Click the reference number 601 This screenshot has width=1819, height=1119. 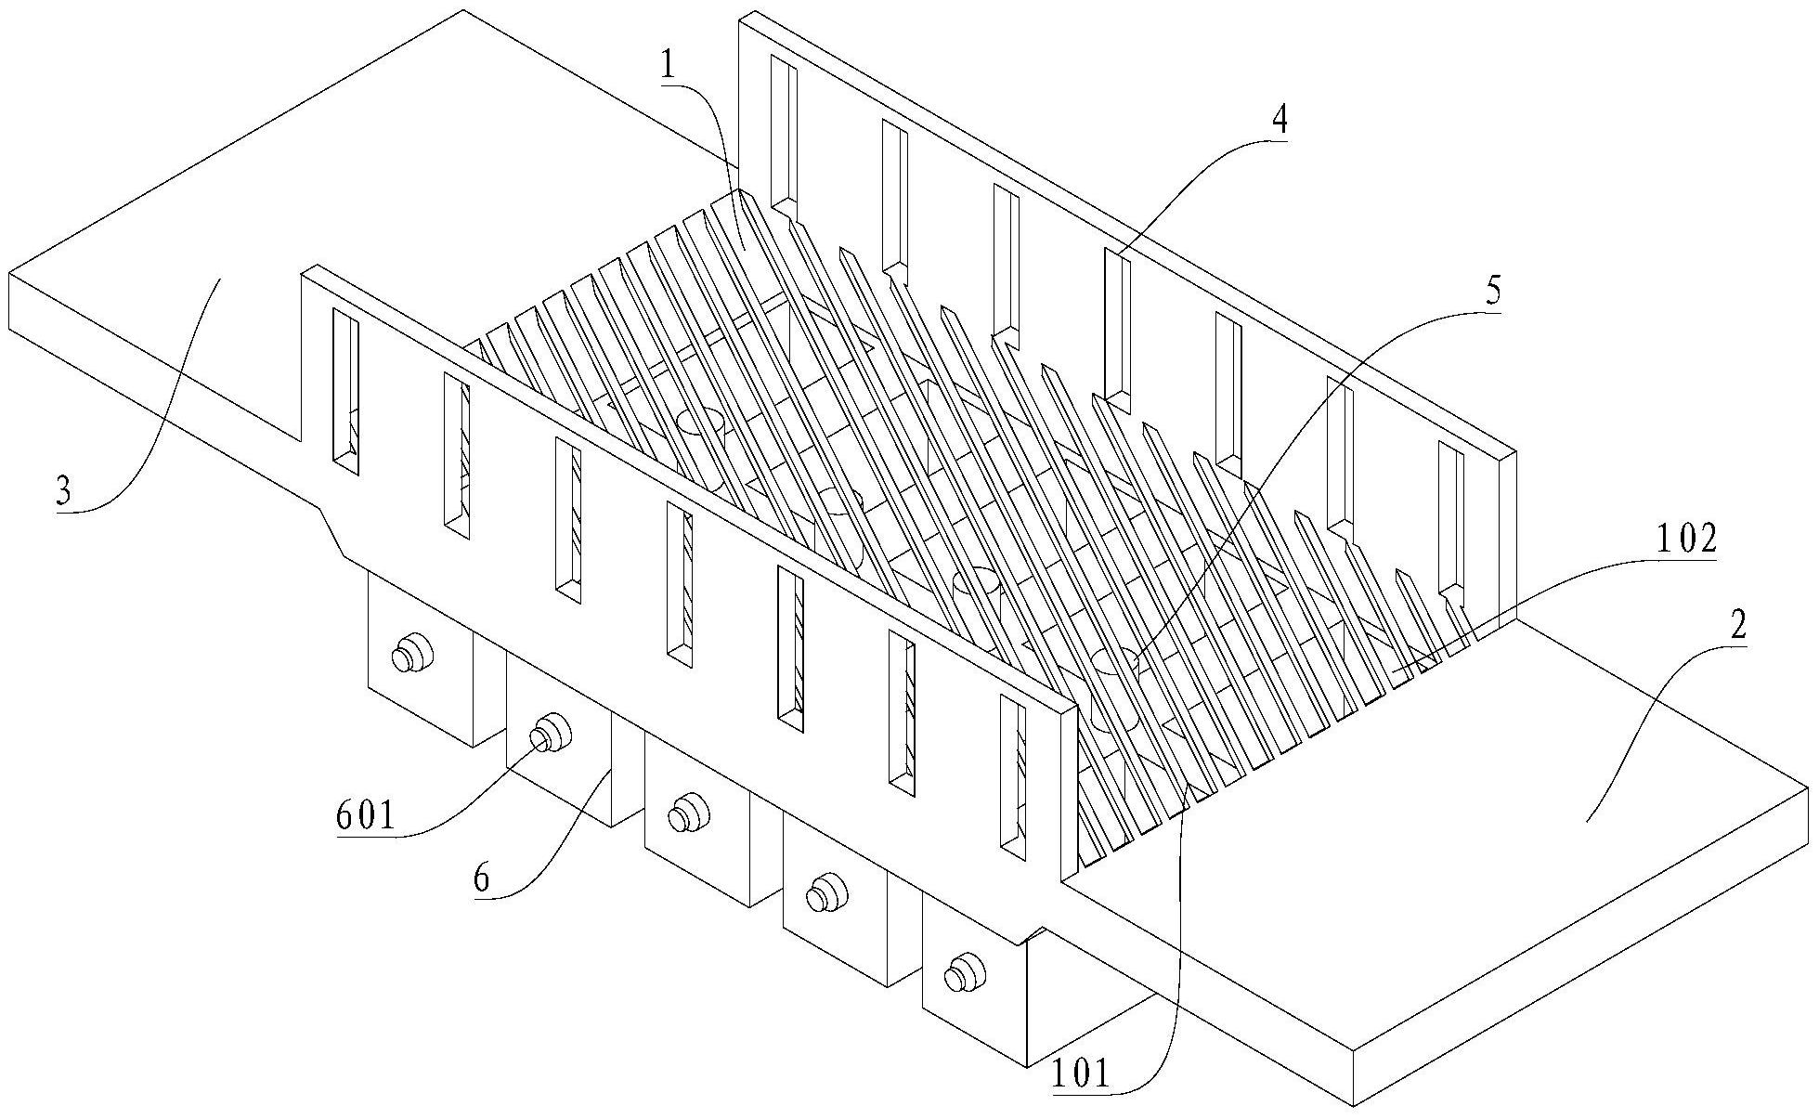coord(366,817)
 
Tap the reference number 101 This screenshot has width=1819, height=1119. coord(1081,1073)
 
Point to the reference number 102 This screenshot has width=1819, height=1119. coord(1685,540)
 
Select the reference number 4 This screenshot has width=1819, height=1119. coord(1280,122)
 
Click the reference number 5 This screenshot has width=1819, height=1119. coord(1492,291)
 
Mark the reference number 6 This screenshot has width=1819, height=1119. coord(481,879)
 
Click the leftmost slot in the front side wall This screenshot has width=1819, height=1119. coord(345,391)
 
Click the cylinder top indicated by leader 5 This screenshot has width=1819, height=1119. coord(1114,662)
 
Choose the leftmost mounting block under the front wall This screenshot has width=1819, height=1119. coord(422,659)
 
